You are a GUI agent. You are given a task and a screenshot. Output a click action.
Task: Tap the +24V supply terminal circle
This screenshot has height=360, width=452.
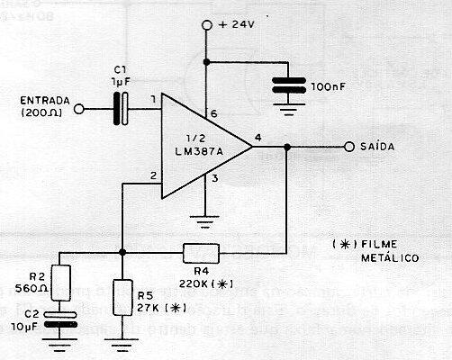[x=207, y=25]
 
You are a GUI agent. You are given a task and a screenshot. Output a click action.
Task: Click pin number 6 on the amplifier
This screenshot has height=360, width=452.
[x=213, y=114]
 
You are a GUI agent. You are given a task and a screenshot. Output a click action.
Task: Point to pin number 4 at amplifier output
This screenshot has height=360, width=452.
[x=258, y=137]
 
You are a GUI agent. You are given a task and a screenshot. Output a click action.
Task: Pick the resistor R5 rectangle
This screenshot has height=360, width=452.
[x=122, y=298]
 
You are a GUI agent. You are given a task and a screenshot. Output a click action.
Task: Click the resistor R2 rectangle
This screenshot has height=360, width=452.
[x=60, y=278]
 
